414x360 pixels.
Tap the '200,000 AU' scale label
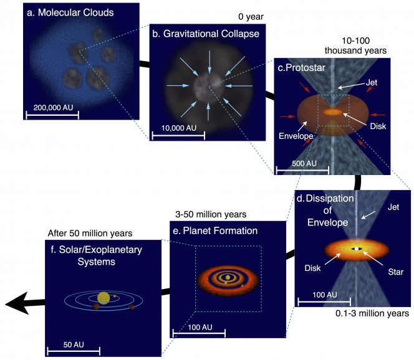(x=51, y=108)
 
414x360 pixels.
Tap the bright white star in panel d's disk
(x=356, y=249)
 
